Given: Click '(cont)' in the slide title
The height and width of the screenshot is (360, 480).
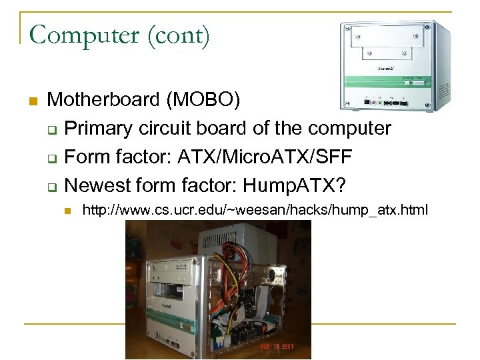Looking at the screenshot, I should click(x=180, y=34).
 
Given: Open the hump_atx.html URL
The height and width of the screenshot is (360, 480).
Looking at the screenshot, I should click(x=254, y=211).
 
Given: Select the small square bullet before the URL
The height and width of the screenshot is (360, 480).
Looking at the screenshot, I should click(x=66, y=212).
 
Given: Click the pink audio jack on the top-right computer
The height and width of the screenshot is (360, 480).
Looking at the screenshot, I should click(x=381, y=102).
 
